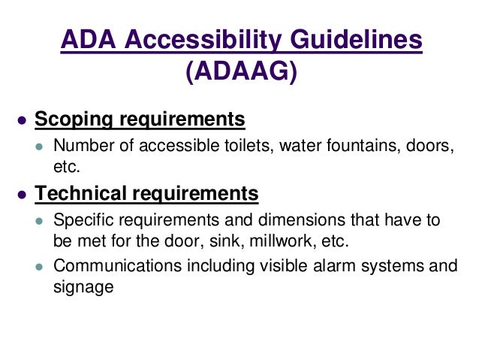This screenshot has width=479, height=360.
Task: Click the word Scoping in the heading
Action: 72,119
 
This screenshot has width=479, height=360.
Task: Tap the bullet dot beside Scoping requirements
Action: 23,121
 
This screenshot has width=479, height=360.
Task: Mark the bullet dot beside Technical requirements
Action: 23,195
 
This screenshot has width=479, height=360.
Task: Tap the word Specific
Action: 80,220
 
